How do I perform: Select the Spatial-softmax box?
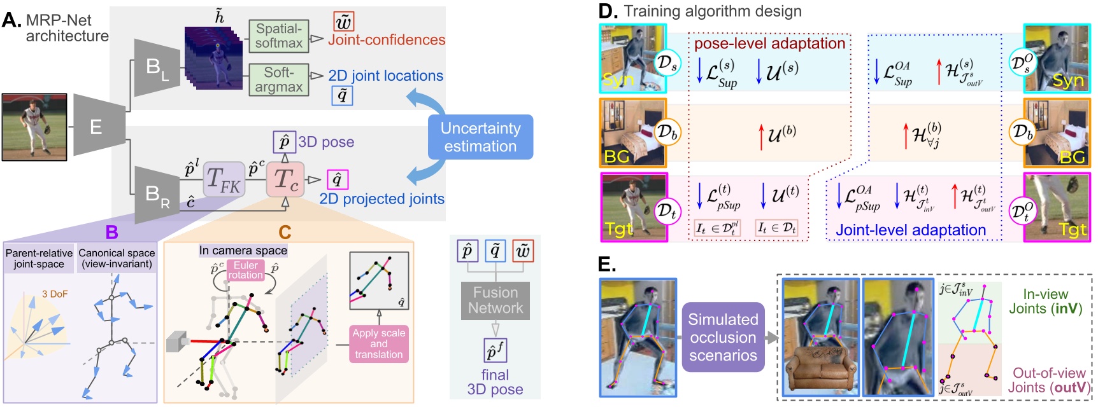tap(279, 36)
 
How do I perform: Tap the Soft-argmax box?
tap(279, 79)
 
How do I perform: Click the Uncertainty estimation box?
tap(480, 137)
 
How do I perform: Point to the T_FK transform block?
tap(224, 180)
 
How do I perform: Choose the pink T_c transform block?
tap(285, 180)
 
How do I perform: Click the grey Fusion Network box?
tap(495, 300)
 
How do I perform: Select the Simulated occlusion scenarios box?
tap(723, 337)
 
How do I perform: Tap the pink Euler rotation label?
tap(245, 270)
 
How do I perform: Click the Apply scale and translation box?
tap(378, 343)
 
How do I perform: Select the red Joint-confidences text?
tap(387, 40)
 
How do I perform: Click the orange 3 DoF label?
tap(55, 294)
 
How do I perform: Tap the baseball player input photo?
tap(34, 127)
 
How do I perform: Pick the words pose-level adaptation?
tap(769, 43)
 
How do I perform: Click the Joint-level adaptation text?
tap(910, 230)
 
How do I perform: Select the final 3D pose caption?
tap(495, 382)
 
